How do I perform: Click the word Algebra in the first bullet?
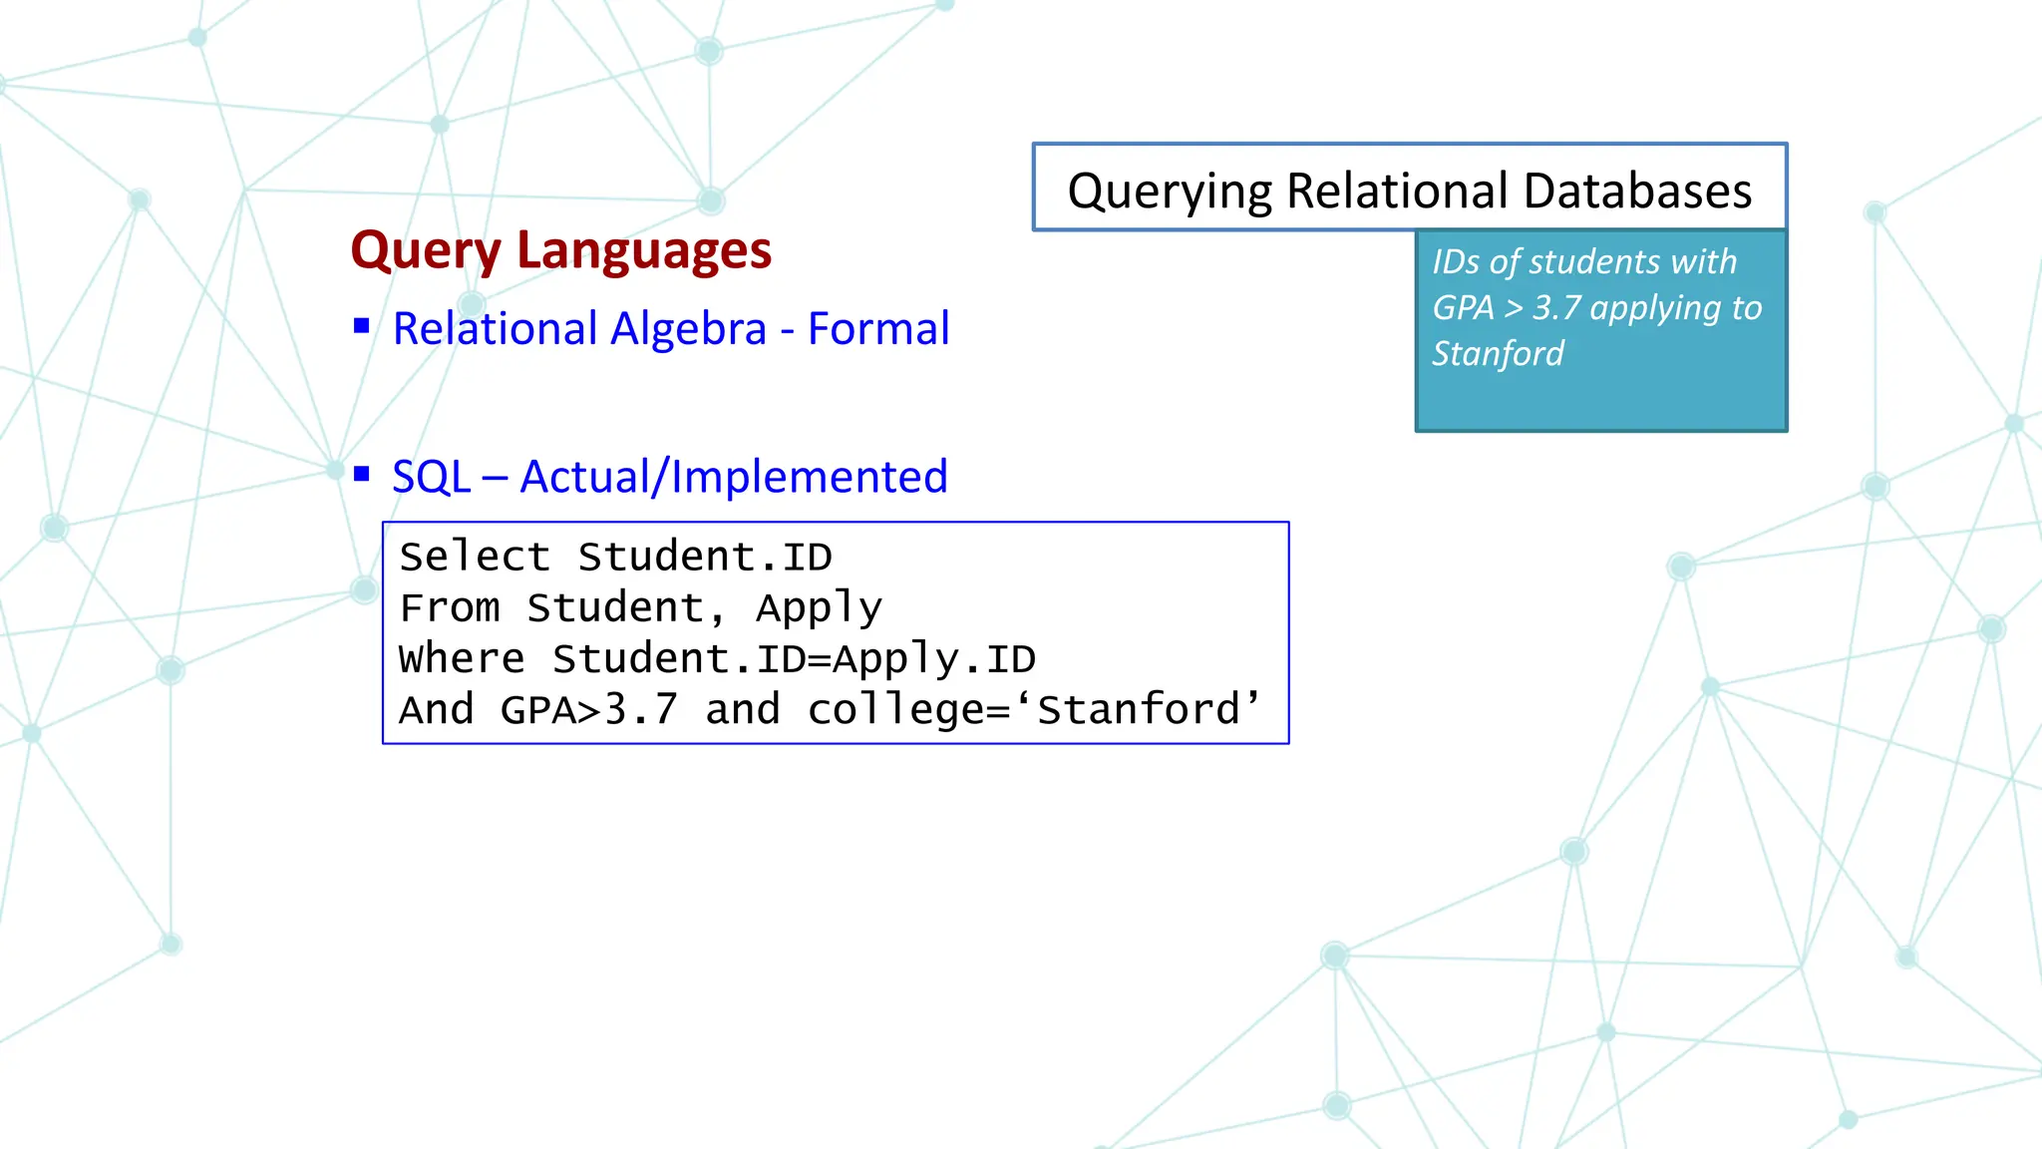[688, 329]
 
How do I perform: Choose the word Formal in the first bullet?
[878, 329]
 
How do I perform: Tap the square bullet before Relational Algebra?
[362, 326]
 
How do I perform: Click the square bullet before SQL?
[362, 474]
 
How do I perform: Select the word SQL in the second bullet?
[431, 477]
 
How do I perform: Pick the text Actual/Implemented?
[734, 477]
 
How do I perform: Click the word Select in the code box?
[475, 557]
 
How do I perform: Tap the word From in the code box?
[450, 607]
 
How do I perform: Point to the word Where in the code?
[462, 658]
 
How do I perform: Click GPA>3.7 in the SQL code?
[589, 710]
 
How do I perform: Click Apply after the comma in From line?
[819, 607]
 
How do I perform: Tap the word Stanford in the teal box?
[1498, 353]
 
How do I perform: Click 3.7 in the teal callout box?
[1556, 307]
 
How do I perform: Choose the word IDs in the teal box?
[1456, 261]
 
